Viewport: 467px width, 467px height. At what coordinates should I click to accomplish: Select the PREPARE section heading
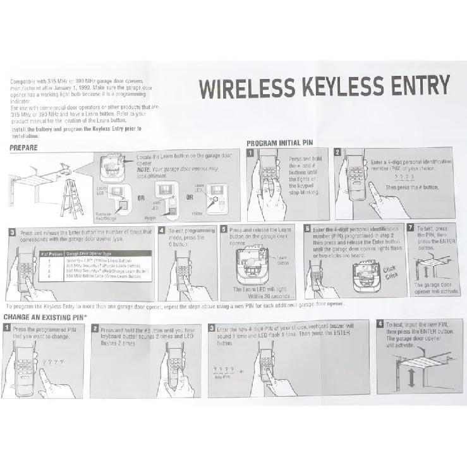click(x=24, y=147)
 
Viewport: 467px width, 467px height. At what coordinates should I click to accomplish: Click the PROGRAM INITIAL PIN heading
click(x=279, y=143)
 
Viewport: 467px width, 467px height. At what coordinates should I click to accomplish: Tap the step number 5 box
click(x=224, y=229)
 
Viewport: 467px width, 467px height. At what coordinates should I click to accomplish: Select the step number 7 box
click(x=411, y=227)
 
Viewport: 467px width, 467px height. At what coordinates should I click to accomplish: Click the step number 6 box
click(x=307, y=228)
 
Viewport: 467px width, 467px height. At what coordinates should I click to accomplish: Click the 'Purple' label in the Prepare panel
click(x=150, y=218)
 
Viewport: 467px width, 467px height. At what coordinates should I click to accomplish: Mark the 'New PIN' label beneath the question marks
click(x=222, y=377)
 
